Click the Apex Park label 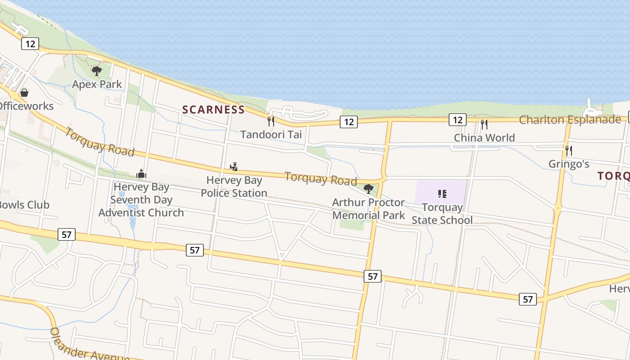[x=97, y=84]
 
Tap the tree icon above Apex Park [x=96, y=71]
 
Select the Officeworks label [x=26, y=106]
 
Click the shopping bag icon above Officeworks [x=24, y=93]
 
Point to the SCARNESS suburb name [x=213, y=110]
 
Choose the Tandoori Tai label [x=271, y=135]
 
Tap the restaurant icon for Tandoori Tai [x=271, y=121]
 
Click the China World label [x=484, y=138]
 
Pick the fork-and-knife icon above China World [x=484, y=124]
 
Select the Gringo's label [x=569, y=164]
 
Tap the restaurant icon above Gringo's [x=569, y=150]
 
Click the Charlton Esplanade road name [x=570, y=120]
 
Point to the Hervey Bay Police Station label [x=234, y=187]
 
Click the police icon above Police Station [x=234, y=167]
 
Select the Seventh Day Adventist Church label [x=141, y=200]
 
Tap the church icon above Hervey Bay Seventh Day [x=141, y=174]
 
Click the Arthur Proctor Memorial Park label [x=369, y=209]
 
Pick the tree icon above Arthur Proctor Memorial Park [x=369, y=189]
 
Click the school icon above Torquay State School [x=442, y=194]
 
